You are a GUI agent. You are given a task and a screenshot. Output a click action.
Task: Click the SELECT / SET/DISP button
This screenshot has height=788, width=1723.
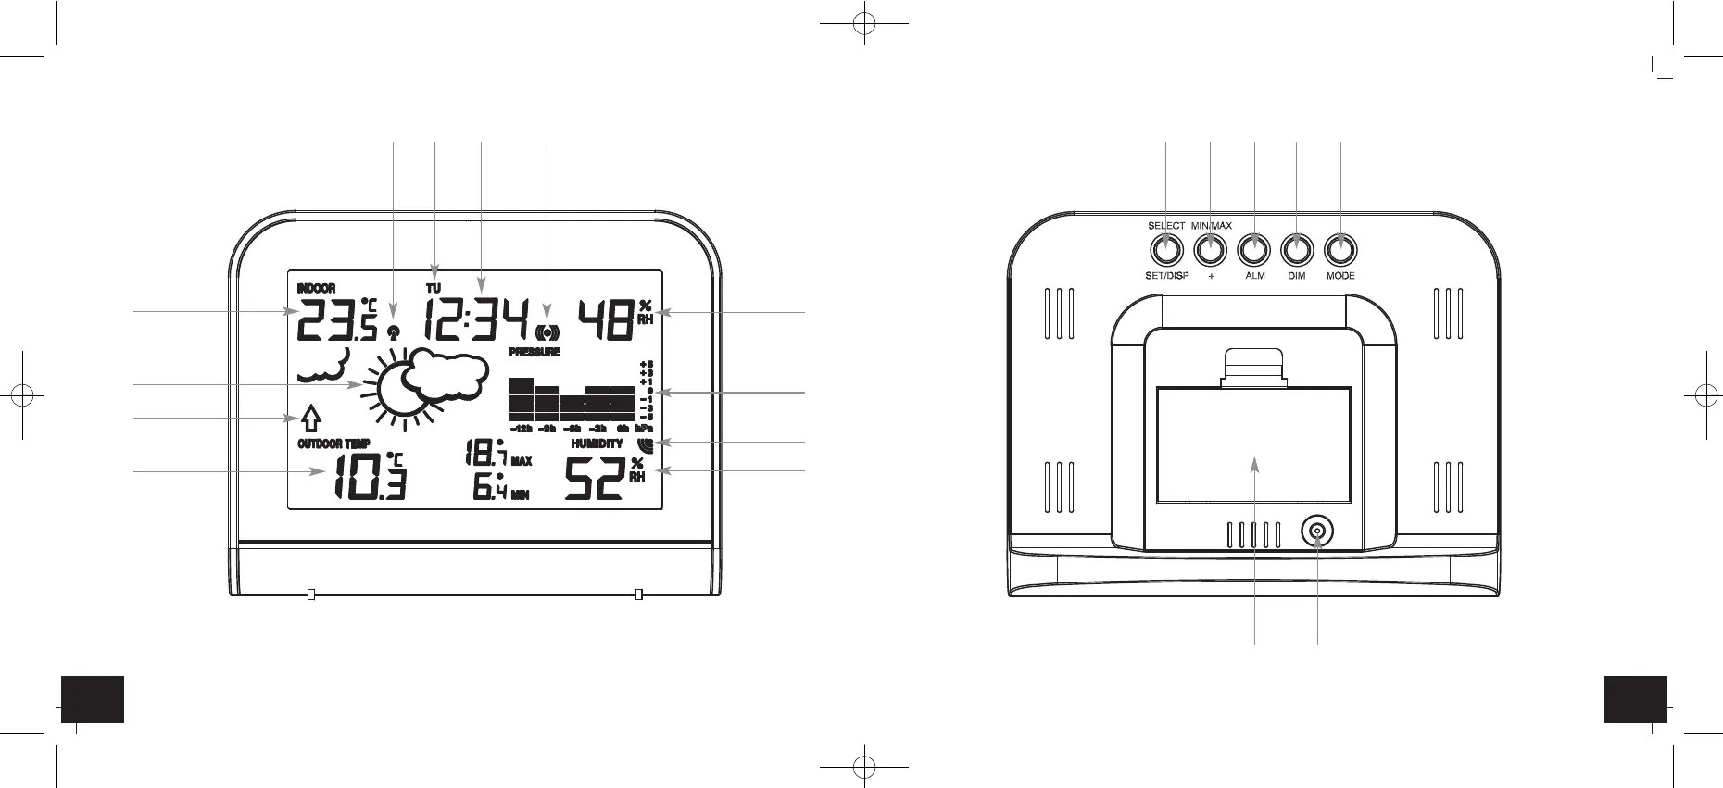[x=1166, y=249]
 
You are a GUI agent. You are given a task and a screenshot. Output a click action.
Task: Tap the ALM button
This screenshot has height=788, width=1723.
[x=1253, y=249]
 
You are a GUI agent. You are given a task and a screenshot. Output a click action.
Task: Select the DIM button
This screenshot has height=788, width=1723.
[x=1296, y=249]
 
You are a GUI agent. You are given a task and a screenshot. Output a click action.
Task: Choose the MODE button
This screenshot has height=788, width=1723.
[x=1339, y=249]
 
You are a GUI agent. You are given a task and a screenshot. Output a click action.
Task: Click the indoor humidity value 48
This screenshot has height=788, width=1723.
[x=606, y=320]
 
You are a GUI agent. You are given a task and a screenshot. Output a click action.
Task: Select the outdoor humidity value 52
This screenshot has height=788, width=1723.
[x=594, y=479]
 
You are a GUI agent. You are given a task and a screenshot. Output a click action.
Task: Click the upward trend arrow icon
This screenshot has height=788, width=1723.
[x=311, y=419]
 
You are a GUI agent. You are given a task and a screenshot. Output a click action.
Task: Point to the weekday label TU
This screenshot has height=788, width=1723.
[x=434, y=289]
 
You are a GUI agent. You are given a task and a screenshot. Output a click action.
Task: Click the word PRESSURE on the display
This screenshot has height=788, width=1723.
[x=535, y=353]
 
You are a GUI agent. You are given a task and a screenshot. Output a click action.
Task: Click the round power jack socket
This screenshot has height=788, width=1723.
[x=1316, y=532]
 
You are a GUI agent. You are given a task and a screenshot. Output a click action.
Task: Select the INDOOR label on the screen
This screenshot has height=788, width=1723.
[x=316, y=289]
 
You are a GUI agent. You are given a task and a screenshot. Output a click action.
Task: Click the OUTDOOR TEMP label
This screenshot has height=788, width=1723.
[x=333, y=444]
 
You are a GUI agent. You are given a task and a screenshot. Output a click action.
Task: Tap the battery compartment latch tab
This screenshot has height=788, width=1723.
[x=1254, y=366]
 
